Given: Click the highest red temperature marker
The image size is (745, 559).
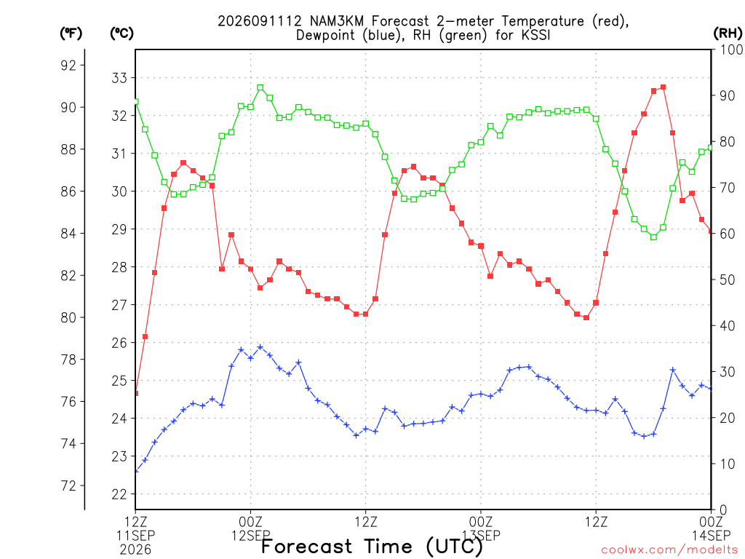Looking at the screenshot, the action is tap(664, 87).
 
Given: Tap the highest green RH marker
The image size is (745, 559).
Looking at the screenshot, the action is tap(260, 87).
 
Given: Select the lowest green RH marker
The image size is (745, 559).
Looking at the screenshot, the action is tap(654, 237).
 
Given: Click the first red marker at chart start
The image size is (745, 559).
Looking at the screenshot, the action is tap(136, 393).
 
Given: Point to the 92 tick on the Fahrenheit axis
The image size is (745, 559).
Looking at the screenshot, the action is tap(68, 65).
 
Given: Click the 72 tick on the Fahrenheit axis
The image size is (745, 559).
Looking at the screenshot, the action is tap(68, 485).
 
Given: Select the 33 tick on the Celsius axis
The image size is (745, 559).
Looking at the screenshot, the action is tap(119, 77).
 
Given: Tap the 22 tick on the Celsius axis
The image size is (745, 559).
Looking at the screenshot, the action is tap(119, 494).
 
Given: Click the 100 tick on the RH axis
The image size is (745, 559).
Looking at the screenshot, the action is tap(731, 49).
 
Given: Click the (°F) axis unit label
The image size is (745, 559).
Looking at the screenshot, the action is tap(71, 33).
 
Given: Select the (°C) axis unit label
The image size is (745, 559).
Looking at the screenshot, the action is tap(121, 33).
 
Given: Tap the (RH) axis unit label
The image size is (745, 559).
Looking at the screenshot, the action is tap(728, 33).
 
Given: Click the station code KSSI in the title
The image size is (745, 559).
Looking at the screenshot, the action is tap(535, 35).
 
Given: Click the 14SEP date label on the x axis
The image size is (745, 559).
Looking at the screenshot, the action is tap(711, 536).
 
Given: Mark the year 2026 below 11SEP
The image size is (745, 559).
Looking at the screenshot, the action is tap(135, 550).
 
